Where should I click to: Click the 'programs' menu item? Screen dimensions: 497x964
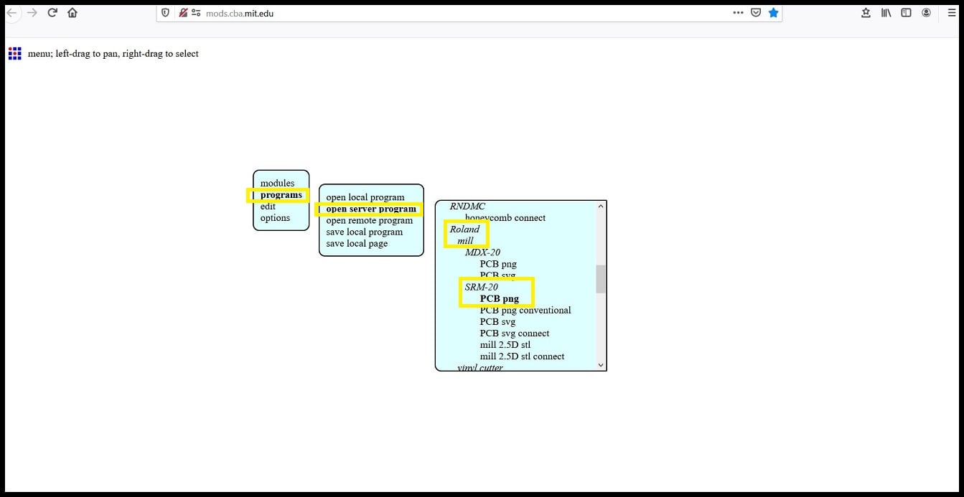pyautogui.click(x=281, y=195)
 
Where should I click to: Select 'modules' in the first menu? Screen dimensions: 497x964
pyautogui.click(x=277, y=184)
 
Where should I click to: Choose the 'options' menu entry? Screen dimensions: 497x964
pyautogui.click(x=275, y=218)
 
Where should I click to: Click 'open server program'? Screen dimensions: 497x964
pyautogui.click(x=370, y=209)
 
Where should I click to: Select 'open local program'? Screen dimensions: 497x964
pyautogui.click(x=365, y=197)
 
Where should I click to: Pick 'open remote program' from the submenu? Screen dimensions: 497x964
pyautogui.click(x=369, y=221)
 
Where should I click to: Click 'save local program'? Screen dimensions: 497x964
pyautogui.click(x=364, y=232)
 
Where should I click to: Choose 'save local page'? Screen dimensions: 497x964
pyautogui.click(x=357, y=244)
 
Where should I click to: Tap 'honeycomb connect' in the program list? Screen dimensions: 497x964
pyautogui.click(x=505, y=218)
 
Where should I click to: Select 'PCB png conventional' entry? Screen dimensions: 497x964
pyautogui.click(x=525, y=311)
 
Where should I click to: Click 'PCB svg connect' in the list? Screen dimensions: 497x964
pyautogui.click(x=514, y=333)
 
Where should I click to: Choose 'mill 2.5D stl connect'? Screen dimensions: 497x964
pyautogui.click(x=522, y=356)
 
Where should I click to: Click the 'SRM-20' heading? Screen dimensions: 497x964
pyautogui.click(x=481, y=288)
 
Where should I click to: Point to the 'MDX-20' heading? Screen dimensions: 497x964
pyautogui.click(x=482, y=252)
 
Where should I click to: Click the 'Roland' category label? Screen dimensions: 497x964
pyautogui.click(x=464, y=229)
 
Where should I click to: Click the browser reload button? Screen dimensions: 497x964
pyautogui.click(x=52, y=13)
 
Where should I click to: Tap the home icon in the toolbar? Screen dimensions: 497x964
pyautogui.click(x=72, y=13)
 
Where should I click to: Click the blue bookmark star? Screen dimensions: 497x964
pyautogui.click(x=773, y=13)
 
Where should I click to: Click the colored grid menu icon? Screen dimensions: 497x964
pyautogui.click(x=14, y=54)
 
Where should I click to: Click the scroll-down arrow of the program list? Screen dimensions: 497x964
pyautogui.click(x=601, y=365)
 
